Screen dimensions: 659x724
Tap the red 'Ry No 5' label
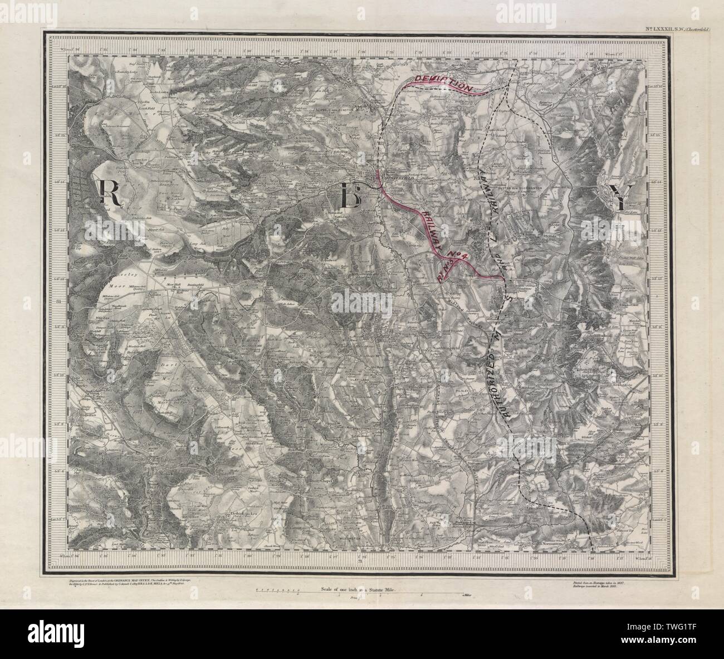tap(448, 270)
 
